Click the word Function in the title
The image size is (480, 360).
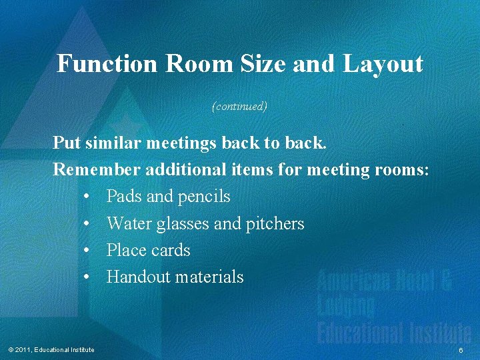click(107, 64)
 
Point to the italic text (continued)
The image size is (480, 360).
click(239, 106)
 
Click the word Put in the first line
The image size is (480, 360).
click(66, 143)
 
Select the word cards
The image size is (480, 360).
click(171, 250)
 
